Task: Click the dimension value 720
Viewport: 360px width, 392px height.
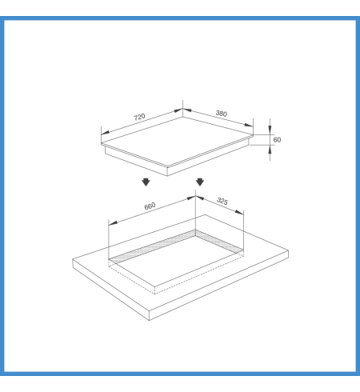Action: point(139,117)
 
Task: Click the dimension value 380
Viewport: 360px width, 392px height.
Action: point(222,114)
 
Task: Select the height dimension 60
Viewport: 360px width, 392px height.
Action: point(277,140)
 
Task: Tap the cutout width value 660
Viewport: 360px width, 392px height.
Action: point(150,206)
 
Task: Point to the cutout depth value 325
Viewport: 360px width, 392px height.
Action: point(222,201)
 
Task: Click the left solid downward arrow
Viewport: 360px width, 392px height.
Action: point(146,182)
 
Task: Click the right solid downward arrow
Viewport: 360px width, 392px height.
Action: point(200,182)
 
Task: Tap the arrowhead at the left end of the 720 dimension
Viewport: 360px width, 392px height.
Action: point(105,132)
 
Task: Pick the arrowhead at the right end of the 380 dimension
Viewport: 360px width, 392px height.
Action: point(249,125)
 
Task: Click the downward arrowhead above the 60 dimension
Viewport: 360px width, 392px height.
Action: point(270,130)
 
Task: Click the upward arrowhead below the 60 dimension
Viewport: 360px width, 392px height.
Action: point(270,150)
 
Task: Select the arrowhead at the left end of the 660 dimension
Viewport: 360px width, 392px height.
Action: point(113,223)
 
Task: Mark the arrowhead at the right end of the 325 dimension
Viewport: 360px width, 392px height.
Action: point(239,212)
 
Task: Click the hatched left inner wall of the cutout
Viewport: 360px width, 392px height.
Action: point(153,246)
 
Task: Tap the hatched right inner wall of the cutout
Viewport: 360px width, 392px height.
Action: point(219,242)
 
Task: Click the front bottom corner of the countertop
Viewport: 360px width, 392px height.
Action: point(149,320)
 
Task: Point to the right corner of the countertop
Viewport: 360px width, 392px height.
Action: point(288,250)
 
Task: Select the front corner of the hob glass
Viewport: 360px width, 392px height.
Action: point(167,167)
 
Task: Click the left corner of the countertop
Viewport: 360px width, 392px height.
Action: point(73,259)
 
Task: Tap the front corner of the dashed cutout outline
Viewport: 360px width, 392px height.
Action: point(155,294)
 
